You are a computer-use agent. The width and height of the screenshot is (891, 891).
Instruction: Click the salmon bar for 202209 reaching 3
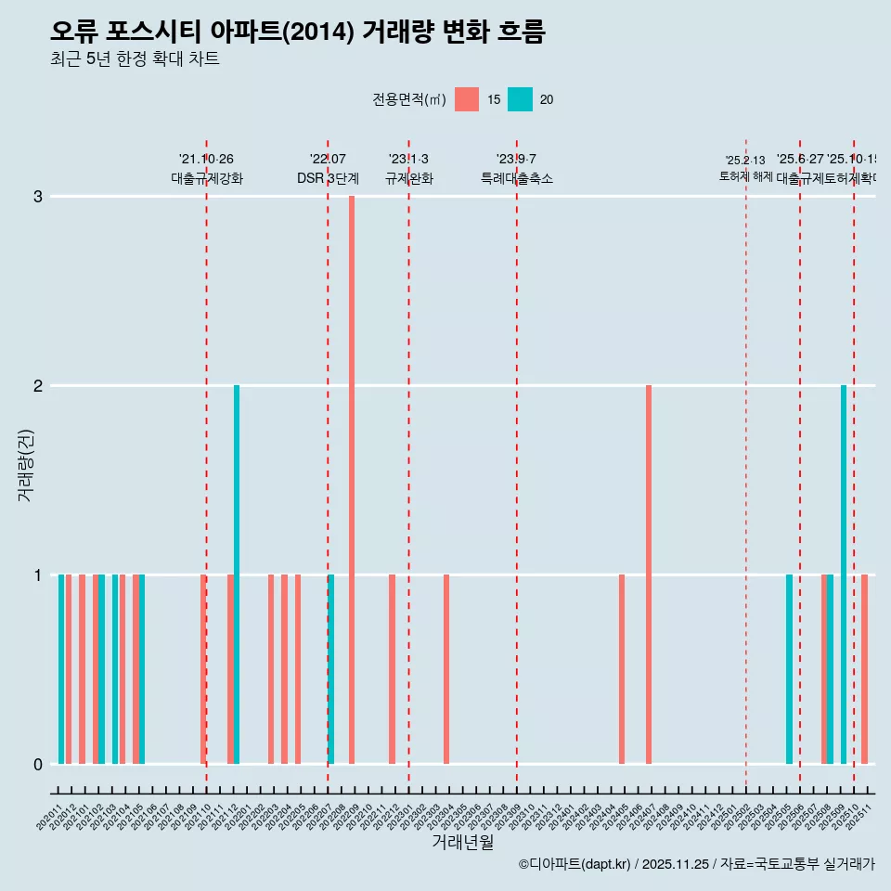pyautogui.click(x=352, y=480)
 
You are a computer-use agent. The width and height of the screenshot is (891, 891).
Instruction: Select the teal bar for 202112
pyautogui.click(x=237, y=575)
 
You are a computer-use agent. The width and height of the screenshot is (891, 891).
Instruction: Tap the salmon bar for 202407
pyautogui.click(x=649, y=575)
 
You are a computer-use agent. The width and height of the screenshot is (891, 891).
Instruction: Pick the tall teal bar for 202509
pyautogui.click(x=844, y=575)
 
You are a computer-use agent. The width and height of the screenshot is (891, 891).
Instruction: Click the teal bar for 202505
pyautogui.click(x=789, y=669)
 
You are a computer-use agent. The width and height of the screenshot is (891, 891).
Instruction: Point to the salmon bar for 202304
pyautogui.click(x=446, y=669)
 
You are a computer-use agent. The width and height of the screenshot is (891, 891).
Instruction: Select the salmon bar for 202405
pyautogui.click(x=622, y=669)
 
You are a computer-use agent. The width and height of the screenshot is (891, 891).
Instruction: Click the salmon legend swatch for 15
pyautogui.click(x=467, y=99)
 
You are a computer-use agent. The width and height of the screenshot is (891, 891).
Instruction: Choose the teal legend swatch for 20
pyautogui.click(x=521, y=99)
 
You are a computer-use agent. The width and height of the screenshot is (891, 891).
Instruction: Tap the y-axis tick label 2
pyautogui.click(x=38, y=385)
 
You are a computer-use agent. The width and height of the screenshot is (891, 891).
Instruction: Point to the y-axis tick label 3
pyautogui.click(x=38, y=196)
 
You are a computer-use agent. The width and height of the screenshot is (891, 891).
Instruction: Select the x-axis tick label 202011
pyautogui.click(x=50, y=813)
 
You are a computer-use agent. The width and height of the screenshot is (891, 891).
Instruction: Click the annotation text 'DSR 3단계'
pyautogui.click(x=328, y=178)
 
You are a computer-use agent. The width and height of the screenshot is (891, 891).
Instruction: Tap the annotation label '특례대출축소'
pyautogui.click(x=516, y=178)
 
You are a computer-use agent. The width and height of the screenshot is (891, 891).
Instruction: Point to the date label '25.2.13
pyautogui.click(x=745, y=161)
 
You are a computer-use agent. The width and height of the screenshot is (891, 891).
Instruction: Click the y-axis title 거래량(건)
pyautogui.click(x=25, y=464)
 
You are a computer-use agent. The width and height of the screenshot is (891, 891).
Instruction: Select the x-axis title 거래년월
pyautogui.click(x=462, y=843)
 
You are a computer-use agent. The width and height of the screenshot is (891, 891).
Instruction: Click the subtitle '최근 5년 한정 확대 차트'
pyautogui.click(x=135, y=59)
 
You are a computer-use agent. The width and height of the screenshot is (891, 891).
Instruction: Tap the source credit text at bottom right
pyautogui.click(x=696, y=864)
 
